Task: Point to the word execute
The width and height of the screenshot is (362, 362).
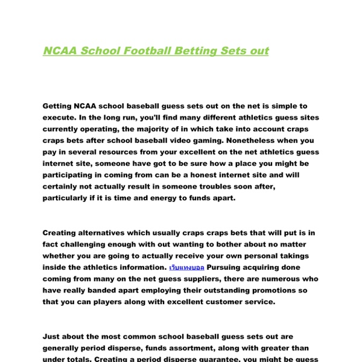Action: [60, 118]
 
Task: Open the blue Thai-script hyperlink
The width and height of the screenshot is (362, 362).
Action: [186, 267]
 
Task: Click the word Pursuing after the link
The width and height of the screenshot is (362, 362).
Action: [229, 267]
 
